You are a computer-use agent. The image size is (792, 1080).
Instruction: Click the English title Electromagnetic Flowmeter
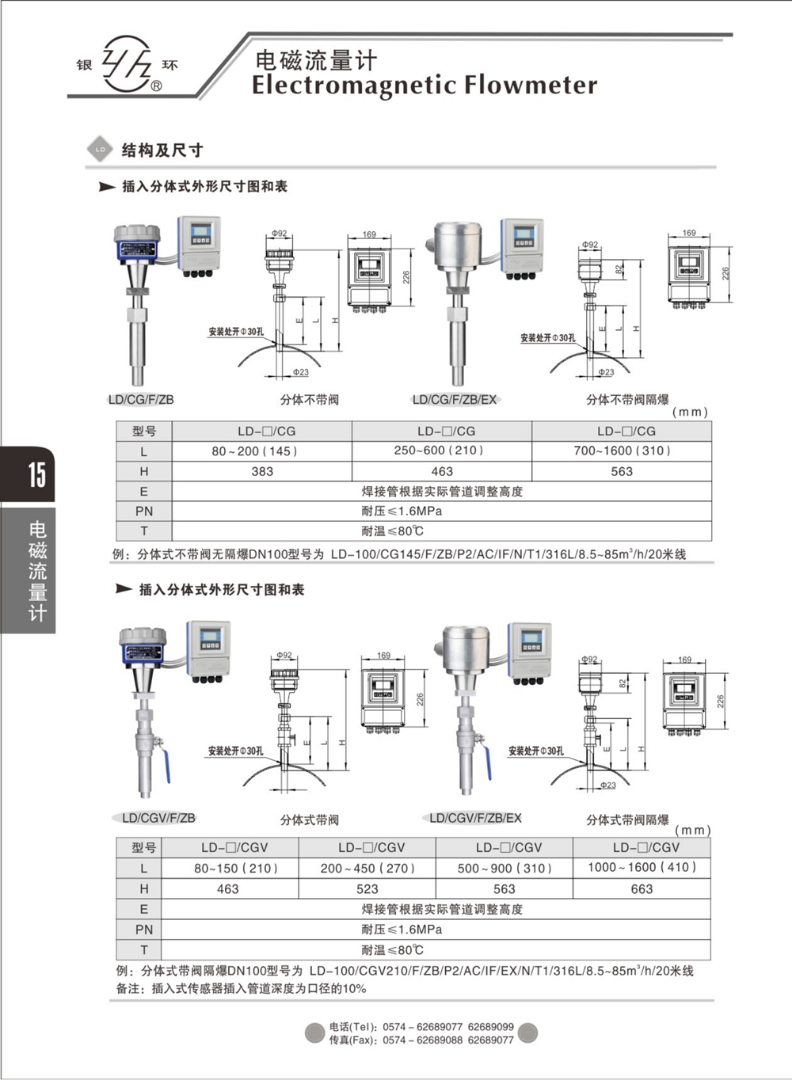point(425,86)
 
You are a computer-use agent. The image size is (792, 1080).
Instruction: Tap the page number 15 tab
point(36,474)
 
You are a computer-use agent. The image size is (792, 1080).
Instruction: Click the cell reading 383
point(262,471)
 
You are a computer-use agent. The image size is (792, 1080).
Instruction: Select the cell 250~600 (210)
point(442,451)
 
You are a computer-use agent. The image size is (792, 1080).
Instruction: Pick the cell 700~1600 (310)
point(622,451)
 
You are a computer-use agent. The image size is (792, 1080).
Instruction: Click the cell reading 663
point(642,889)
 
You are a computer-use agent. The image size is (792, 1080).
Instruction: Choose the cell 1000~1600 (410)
point(642,868)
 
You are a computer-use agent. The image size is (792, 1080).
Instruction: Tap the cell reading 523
point(367,889)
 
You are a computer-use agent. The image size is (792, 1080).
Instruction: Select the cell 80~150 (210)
point(229,868)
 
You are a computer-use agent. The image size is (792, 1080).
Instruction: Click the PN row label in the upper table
point(143,511)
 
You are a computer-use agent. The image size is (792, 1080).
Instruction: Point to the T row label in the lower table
point(143,950)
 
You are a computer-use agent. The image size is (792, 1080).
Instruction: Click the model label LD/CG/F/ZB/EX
point(455,400)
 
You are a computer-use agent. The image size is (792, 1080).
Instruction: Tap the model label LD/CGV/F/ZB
point(158,818)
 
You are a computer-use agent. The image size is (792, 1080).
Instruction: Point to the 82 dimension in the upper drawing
point(619,270)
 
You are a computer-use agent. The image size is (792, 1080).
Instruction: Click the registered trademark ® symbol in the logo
point(157,86)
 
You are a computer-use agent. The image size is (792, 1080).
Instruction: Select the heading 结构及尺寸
point(162,150)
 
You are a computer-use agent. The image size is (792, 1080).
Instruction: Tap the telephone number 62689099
point(490,1027)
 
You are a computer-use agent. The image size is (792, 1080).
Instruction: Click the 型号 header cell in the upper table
point(143,432)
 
